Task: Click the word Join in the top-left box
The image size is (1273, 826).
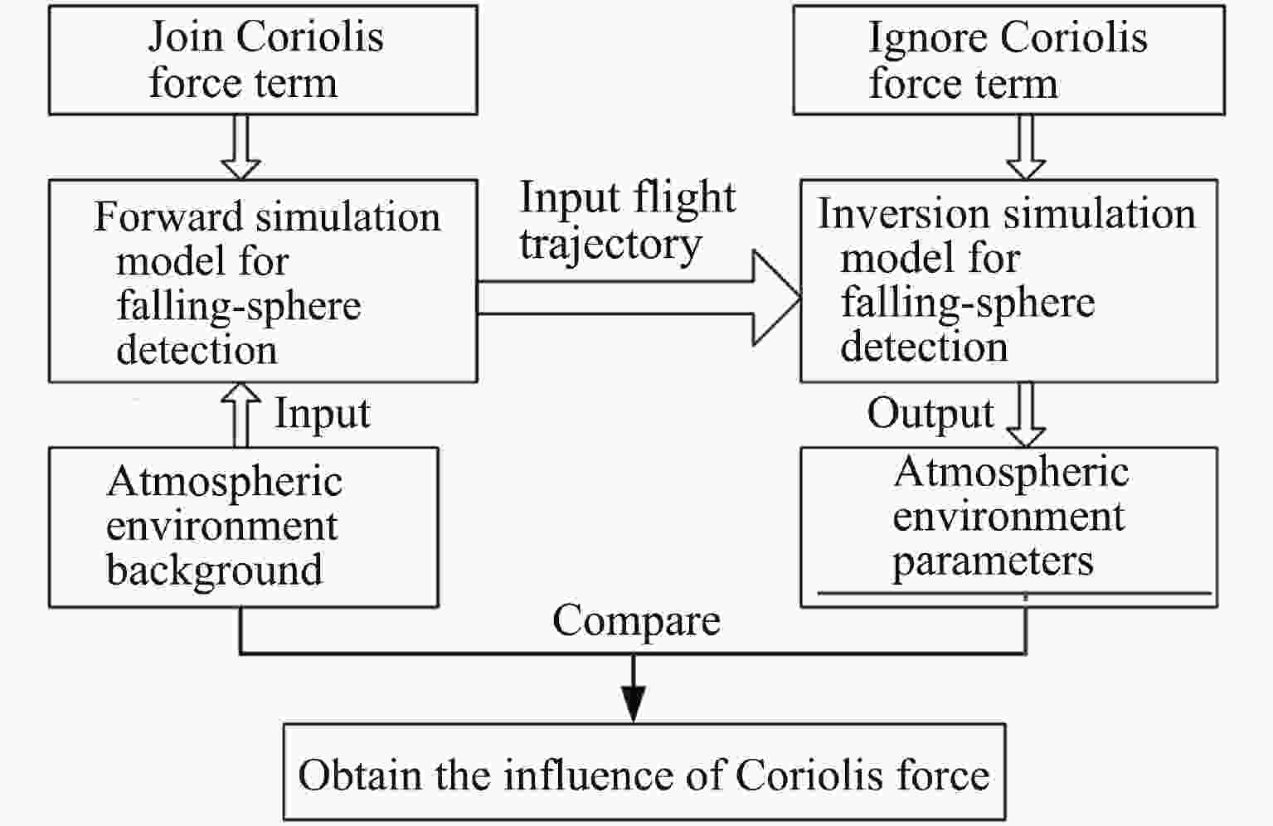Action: pyautogui.click(x=185, y=37)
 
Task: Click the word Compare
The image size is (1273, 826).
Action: pyautogui.click(x=637, y=622)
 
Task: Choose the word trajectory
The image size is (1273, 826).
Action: pyautogui.click(x=610, y=246)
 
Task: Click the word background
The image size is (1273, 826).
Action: pyautogui.click(x=214, y=570)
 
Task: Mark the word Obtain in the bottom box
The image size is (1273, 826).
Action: pyautogui.click(x=360, y=775)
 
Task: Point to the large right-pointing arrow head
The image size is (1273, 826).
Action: pyautogui.click(x=775, y=298)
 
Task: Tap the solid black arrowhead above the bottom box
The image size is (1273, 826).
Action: pyautogui.click(x=633, y=704)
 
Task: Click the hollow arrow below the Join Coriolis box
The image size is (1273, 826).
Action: pyautogui.click(x=241, y=148)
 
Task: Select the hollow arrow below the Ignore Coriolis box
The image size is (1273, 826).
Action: pyautogui.click(x=1027, y=148)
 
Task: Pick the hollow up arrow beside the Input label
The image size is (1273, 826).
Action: pyautogui.click(x=241, y=415)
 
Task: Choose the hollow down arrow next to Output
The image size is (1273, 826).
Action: pyautogui.click(x=1027, y=415)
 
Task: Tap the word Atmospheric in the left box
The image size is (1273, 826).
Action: pyautogui.click(x=225, y=482)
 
